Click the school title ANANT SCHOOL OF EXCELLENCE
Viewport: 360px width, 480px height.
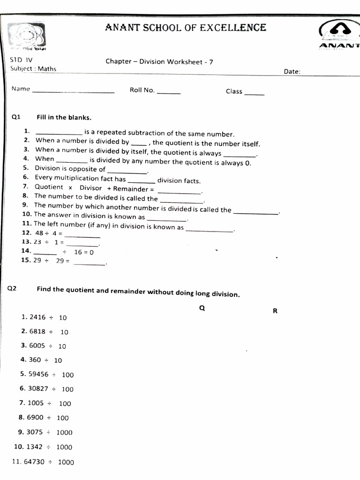186,28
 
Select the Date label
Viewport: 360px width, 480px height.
292,72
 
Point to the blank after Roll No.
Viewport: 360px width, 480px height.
169,93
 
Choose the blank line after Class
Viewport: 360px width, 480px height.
254,94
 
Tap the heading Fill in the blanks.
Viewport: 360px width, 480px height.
64,117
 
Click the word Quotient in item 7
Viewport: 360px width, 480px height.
49,187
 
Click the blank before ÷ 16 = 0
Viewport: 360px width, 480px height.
45,254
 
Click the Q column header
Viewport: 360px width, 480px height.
202,308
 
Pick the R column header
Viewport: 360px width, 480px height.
275,310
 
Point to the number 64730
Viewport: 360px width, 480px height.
34,462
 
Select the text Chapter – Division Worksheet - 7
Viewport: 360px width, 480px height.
159,62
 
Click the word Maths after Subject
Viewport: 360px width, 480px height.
47,69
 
